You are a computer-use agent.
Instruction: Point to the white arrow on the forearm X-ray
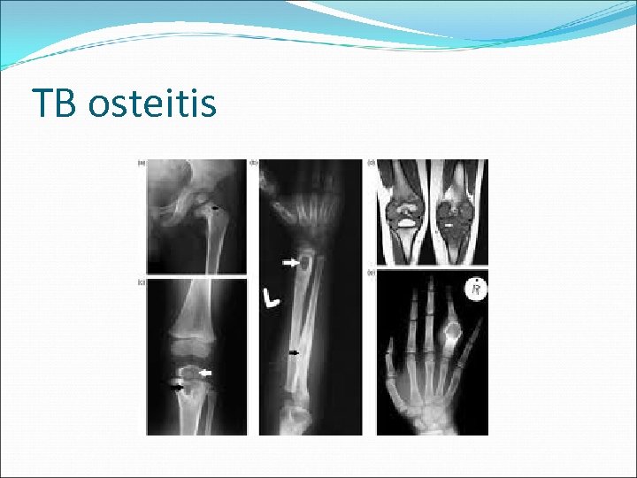pyautogui.click(x=290, y=263)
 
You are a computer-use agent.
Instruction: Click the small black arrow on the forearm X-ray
pyautogui.click(x=295, y=353)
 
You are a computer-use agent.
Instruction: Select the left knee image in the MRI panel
pyautogui.click(x=403, y=212)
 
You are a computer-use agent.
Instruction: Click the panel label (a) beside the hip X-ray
pyautogui.click(x=142, y=163)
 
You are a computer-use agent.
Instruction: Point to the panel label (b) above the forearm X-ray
pyautogui.click(x=255, y=162)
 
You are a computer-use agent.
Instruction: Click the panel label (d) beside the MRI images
pyautogui.click(x=372, y=162)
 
